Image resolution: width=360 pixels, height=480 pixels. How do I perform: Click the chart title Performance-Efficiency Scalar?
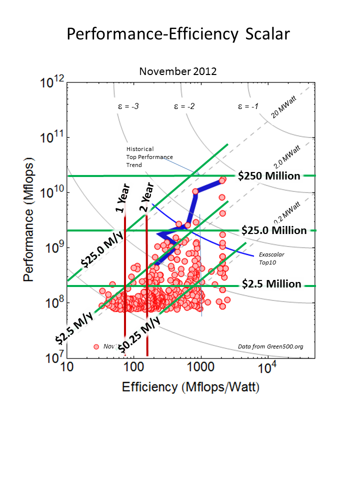pyautogui.click(x=178, y=34)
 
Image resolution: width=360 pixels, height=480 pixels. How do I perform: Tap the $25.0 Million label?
pyautogui.click(x=273, y=230)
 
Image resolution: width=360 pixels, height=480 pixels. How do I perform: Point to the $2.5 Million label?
pyautogui.click(x=271, y=284)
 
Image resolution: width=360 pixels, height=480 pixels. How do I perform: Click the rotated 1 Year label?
pyautogui.click(x=123, y=198)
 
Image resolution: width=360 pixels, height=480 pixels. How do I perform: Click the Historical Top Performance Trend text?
pyautogui.click(x=149, y=157)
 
